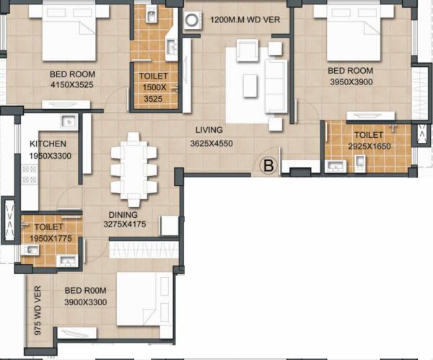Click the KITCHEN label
(x=48, y=144)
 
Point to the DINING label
(x=123, y=214)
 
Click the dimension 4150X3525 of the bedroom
(x=72, y=85)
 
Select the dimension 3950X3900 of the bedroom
(x=351, y=82)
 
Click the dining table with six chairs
(x=134, y=170)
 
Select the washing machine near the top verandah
(x=193, y=22)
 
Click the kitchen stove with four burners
(x=30, y=175)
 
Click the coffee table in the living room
(x=250, y=85)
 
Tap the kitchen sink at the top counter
(x=69, y=121)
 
